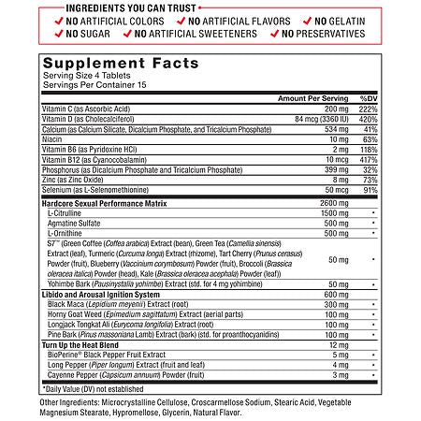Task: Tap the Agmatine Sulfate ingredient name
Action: click(x=76, y=223)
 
